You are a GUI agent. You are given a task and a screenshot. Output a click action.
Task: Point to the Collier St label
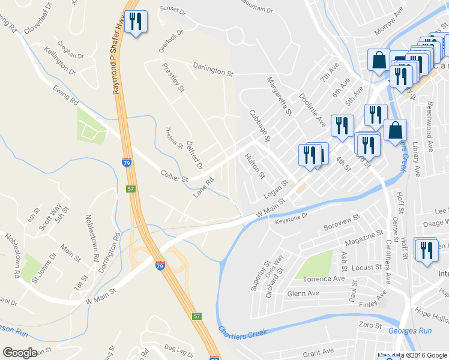click(175, 175)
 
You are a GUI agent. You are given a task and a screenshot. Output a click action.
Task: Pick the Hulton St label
click(255, 166)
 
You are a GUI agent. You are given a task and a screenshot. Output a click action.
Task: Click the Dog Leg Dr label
click(177, 348)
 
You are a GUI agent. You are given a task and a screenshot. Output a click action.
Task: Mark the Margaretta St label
click(279, 96)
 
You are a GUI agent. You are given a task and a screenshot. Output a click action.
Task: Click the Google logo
click(20, 353)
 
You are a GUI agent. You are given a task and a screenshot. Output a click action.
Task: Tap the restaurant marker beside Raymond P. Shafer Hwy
click(135, 22)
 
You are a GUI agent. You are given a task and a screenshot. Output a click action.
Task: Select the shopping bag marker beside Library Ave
click(396, 130)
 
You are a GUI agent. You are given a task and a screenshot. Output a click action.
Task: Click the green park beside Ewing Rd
click(91, 125)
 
